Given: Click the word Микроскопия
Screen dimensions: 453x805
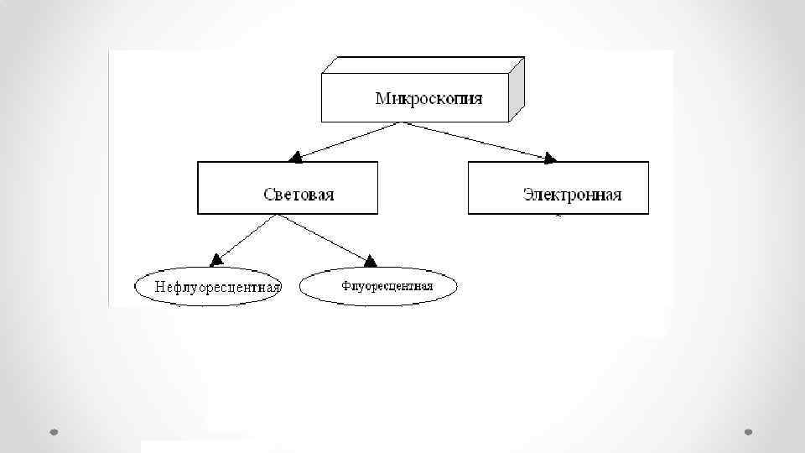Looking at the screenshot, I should pos(428,98).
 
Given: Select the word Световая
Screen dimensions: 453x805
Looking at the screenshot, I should pos(299,195).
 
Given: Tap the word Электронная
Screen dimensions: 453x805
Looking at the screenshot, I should pos(572,195).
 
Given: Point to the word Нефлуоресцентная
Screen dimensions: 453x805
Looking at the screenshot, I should pos(217,287).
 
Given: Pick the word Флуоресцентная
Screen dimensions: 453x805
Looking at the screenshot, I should pos(387,286).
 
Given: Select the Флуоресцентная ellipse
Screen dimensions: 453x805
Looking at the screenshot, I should pos(379,299).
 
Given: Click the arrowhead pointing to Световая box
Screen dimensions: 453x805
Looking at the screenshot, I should pos(294,156).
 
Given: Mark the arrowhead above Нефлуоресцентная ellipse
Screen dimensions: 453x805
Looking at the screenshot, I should pos(216,259).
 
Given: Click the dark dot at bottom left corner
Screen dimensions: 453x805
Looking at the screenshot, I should pos(54,432).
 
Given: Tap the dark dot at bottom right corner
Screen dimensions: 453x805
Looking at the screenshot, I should pos(749,432).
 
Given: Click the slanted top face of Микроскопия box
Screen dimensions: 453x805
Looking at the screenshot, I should pos(423,65).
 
